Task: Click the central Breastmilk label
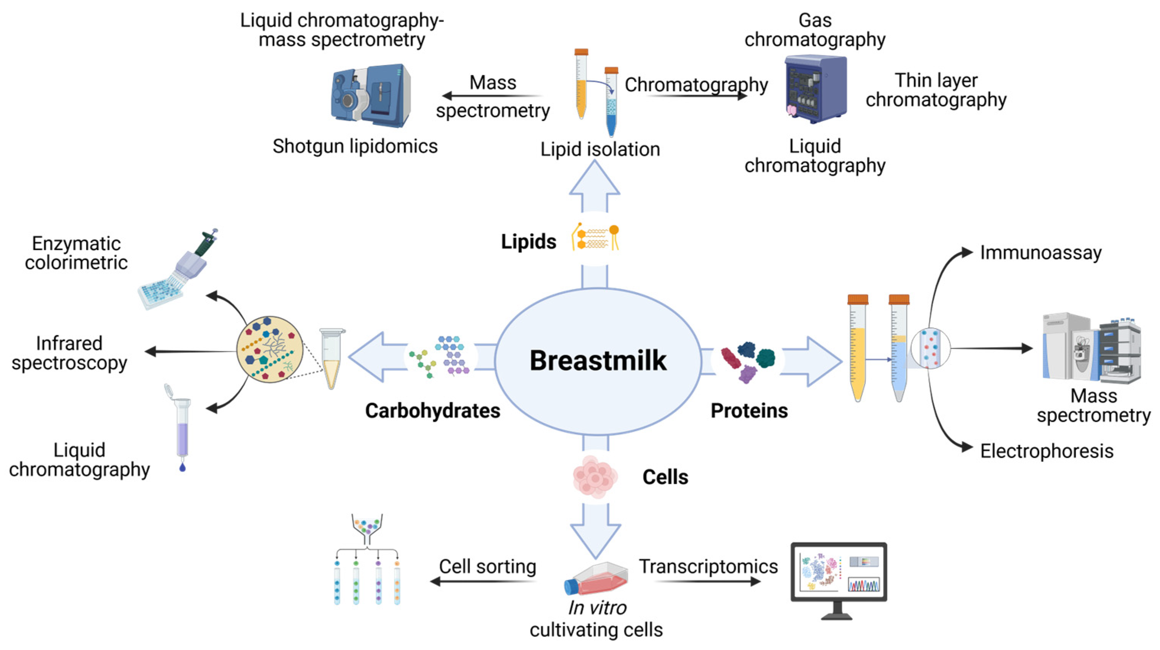pyautogui.click(x=598, y=361)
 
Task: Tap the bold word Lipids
pyautogui.click(x=529, y=242)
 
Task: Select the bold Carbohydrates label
pyautogui.click(x=432, y=411)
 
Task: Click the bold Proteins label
pyautogui.click(x=749, y=411)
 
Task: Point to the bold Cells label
pyautogui.click(x=665, y=477)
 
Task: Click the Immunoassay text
pyautogui.click(x=1041, y=252)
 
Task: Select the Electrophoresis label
pyautogui.click(x=1047, y=451)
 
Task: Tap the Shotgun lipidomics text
pyautogui.click(x=355, y=146)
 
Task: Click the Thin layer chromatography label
pyautogui.click(x=936, y=90)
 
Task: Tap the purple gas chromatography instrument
pyautogui.click(x=815, y=89)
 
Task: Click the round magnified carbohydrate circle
pyautogui.click(x=269, y=349)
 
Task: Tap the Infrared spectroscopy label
pyautogui.click(x=70, y=353)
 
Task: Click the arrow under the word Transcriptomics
pyautogui.click(x=707, y=582)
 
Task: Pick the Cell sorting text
pyautogui.click(x=487, y=566)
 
